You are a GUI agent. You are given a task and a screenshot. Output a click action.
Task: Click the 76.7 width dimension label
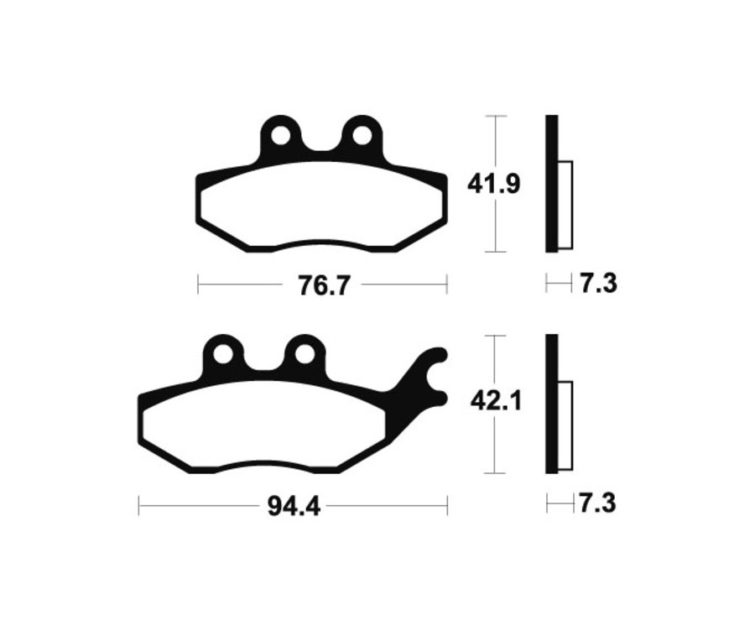point(322,285)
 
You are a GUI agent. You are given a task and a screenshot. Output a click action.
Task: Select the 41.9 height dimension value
point(495,183)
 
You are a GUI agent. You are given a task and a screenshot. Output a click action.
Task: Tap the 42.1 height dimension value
point(496,403)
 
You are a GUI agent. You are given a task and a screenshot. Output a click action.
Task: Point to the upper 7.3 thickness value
point(598,284)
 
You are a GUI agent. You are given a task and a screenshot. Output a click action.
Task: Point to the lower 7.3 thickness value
point(598,503)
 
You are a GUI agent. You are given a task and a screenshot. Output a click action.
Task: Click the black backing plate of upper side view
point(551,183)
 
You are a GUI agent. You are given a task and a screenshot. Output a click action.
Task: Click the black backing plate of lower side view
point(551,403)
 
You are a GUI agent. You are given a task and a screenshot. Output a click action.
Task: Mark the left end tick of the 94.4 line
point(139,506)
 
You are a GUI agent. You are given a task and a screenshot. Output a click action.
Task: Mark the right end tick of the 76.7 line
point(446,285)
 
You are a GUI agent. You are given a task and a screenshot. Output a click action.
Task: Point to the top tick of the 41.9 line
point(497,115)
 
